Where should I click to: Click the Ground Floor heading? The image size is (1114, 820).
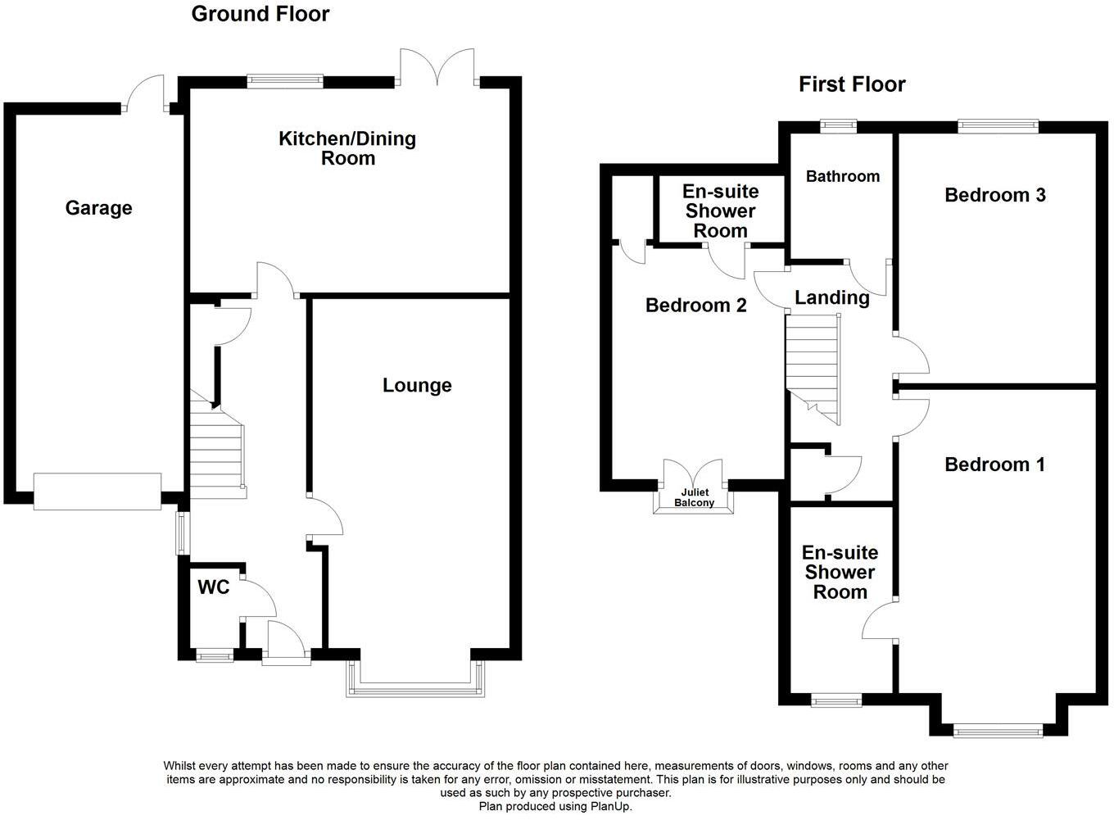(x=260, y=14)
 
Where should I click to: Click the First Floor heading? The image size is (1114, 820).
(x=852, y=84)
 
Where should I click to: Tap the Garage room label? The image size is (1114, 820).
(x=98, y=208)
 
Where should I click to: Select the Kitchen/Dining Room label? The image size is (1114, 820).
(x=347, y=148)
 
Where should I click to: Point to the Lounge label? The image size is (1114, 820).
(x=417, y=385)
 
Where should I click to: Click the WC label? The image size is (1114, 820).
(x=213, y=587)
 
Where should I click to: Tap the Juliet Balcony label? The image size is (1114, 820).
(x=693, y=498)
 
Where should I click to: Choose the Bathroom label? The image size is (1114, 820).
(x=842, y=176)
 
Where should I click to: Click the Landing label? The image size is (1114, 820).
(x=832, y=297)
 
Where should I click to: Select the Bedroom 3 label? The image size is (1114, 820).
(x=994, y=195)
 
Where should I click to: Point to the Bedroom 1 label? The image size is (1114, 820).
(x=994, y=464)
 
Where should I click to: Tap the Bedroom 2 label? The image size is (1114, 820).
(x=695, y=306)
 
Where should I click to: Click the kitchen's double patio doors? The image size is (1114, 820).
(x=438, y=70)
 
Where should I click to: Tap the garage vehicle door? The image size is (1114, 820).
(x=97, y=492)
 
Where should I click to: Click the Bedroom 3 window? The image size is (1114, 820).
(x=998, y=126)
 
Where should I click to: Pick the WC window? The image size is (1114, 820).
(x=213, y=655)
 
